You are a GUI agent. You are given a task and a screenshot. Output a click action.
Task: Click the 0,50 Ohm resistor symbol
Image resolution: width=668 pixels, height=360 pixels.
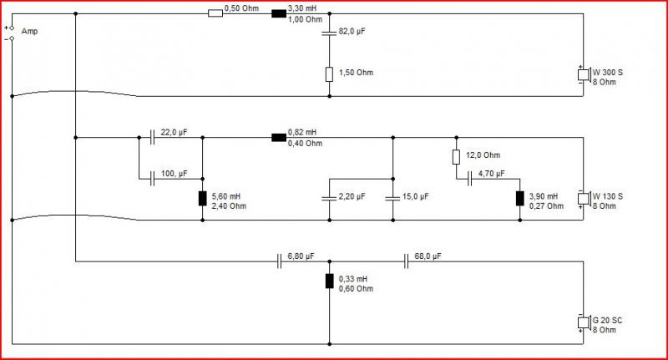(x=215, y=13)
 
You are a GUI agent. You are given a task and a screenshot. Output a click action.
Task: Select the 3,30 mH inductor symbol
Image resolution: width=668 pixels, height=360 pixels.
(x=279, y=13)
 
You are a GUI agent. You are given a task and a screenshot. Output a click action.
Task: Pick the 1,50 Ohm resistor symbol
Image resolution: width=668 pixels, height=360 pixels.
(x=329, y=74)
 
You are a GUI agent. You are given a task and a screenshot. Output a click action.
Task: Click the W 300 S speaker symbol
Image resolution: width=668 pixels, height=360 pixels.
(x=584, y=74)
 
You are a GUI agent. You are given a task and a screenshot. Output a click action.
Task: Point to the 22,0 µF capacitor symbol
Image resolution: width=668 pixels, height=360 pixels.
(x=152, y=138)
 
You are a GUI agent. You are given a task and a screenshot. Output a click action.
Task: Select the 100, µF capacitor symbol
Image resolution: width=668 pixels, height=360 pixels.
(x=152, y=179)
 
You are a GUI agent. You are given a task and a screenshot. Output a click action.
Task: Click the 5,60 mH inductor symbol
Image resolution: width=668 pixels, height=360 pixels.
(x=202, y=199)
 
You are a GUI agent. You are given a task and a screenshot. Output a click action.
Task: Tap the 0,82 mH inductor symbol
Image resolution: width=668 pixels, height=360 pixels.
(x=279, y=138)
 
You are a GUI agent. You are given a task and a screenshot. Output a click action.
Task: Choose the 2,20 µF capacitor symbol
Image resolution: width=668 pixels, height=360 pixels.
(x=329, y=198)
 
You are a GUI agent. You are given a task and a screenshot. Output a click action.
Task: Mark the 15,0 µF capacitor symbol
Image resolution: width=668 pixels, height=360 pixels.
(x=392, y=198)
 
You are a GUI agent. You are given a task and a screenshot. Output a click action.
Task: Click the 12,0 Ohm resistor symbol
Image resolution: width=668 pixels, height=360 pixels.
(x=456, y=157)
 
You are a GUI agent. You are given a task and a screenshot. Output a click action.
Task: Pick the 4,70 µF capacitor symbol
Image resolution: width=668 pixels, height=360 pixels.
(x=469, y=179)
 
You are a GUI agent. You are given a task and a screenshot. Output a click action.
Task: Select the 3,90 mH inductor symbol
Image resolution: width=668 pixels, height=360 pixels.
(x=519, y=199)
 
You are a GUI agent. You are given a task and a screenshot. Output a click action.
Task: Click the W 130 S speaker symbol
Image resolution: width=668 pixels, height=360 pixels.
(x=584, y=199)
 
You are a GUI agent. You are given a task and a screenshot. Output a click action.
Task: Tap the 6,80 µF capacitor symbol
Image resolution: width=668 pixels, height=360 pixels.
(x=279, y=261)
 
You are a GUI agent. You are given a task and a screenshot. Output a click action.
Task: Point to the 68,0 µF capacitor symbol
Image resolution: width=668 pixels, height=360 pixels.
(x=406, y=261)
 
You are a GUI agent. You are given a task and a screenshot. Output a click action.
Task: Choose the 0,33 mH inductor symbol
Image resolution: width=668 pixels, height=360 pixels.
(x=329, y=281)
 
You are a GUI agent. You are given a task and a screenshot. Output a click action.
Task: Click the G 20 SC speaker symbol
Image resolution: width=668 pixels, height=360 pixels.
(x=584, y=322)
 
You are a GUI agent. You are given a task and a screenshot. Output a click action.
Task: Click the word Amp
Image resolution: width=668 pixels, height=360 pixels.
(x=29, y=31)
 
